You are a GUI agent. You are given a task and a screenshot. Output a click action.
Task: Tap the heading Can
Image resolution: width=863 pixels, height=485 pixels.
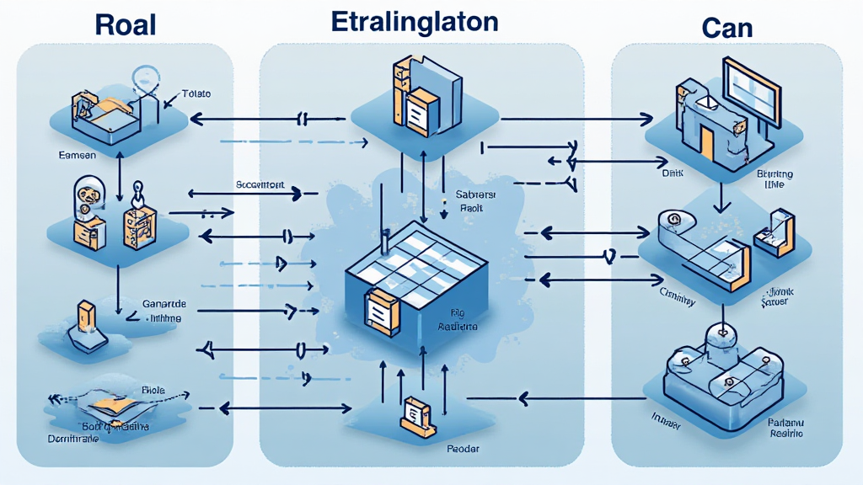[x=726, y=28]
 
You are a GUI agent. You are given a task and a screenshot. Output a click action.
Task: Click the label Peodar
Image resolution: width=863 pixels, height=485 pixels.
[x=464, y=450]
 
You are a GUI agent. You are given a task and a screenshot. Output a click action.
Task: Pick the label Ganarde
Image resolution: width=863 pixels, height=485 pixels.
[x=164, y=303]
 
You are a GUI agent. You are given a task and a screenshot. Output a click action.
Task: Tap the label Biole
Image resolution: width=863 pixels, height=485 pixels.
[x=153, y=390]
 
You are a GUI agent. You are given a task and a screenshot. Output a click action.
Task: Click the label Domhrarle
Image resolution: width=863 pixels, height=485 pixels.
[x=71, y=439]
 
